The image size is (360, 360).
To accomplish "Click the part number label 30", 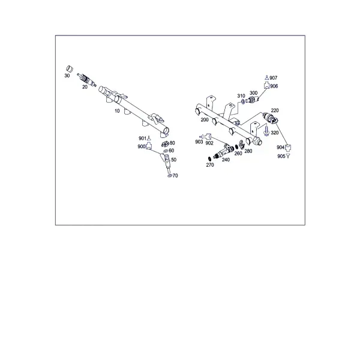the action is (67, 76).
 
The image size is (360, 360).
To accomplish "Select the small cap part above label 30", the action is (70, 68).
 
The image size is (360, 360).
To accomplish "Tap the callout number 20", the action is (85, 87).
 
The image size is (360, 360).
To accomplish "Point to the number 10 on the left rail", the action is (117, 111).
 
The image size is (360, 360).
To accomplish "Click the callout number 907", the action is (273, 78).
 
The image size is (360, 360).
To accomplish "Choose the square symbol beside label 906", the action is (266, 86).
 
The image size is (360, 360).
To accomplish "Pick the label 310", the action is (241, 96).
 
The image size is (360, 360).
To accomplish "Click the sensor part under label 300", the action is (252, 100).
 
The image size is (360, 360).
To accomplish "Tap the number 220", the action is (275, 110).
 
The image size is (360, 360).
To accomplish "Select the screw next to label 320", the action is (266, 131).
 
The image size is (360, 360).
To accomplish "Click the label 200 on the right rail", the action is (205, 120).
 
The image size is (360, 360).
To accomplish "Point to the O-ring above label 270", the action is (209, 158).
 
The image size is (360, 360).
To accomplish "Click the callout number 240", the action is (226, 160).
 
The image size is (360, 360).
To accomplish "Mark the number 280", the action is (248, 151).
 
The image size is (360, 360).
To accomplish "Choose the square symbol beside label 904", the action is (288, 148).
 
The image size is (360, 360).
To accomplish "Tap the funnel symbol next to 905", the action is (288, 156).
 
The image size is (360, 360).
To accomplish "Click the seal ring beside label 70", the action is (170, 176).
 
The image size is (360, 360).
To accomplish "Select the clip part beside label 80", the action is (165, 144).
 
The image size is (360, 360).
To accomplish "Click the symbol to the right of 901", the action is (149, 138).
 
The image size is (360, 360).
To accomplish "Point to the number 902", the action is (209, 143).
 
